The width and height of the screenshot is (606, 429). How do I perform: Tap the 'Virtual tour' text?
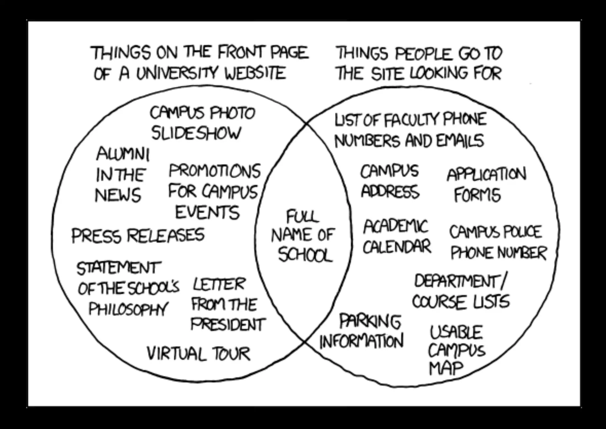[x=199, y=354]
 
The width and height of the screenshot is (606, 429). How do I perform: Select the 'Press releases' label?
[x=138, y=236]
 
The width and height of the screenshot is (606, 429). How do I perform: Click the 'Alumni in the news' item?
[x=121, y=175]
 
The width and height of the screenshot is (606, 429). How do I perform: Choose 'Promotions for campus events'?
[x=214, y=192]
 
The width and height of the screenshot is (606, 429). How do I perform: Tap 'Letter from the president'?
[x=227, y=304]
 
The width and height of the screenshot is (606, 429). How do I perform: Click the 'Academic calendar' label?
[x=397, y=237]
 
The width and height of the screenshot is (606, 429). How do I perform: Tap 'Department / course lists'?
[x=461, y=291]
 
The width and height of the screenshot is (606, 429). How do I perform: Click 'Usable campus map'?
[x=456, y=350]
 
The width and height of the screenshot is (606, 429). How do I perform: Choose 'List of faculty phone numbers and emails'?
[x=410, y=130]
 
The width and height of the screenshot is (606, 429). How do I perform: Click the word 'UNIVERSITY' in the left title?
[x=178, y=73]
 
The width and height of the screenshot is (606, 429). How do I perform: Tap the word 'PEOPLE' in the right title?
[x=424, y=54]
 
